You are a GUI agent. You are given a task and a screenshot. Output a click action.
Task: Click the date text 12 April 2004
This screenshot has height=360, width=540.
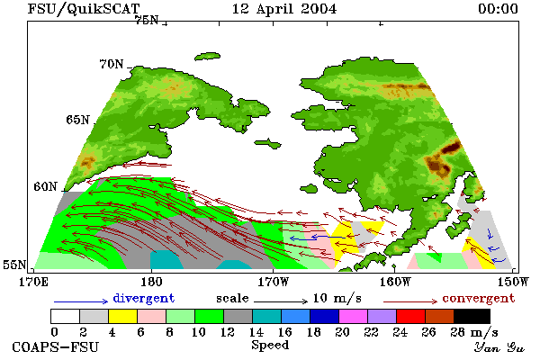pos(284,9)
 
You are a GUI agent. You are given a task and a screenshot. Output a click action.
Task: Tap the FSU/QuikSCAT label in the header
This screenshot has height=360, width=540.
pos(84,9)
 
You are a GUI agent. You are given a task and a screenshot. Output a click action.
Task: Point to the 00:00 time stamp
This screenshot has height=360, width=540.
pos(498,9)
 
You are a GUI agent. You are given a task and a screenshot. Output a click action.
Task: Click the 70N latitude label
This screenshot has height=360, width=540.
pos(112,64)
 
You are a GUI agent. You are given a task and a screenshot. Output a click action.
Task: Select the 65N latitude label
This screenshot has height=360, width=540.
pos(77,120)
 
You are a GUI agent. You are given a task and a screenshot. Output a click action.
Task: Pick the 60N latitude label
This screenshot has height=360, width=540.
pos(45,186)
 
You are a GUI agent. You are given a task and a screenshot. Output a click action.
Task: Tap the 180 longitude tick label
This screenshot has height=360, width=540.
pos(151,282)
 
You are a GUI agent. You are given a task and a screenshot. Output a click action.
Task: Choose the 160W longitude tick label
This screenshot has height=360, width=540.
pos(396,282)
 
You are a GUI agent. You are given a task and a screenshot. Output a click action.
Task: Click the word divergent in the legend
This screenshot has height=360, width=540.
pos(144,298)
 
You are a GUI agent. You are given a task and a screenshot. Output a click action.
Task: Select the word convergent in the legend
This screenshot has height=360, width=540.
pos(479,298)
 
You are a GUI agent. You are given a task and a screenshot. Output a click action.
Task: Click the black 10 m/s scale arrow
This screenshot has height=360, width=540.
pos(281,301)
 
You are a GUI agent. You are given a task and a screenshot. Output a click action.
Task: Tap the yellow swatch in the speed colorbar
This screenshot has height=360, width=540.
pos(122,316)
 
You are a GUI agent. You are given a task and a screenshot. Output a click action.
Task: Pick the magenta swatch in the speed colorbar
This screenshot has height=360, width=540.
pos(353,316)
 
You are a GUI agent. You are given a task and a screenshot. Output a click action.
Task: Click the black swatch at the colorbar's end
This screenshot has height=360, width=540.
pos(472,316)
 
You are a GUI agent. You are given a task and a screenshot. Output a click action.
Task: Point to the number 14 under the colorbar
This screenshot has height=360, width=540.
pos(256,332)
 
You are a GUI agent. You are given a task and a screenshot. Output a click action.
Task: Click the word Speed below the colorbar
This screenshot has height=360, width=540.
pos(270,345)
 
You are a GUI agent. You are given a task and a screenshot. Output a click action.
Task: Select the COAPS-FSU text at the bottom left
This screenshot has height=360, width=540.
pos(55,346)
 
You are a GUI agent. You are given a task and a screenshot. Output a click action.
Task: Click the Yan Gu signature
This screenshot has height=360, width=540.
pos(499,347)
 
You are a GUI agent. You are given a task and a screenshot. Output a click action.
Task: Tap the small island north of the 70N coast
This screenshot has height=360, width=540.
pos(207,56)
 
